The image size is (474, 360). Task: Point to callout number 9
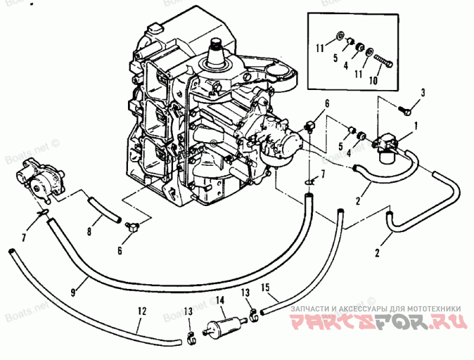[72, 291]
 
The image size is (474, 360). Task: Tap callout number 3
[423, 92]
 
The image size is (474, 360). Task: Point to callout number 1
[416, 125]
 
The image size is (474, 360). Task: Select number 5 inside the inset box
[335, 58]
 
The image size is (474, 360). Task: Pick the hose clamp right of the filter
[253, 313]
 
